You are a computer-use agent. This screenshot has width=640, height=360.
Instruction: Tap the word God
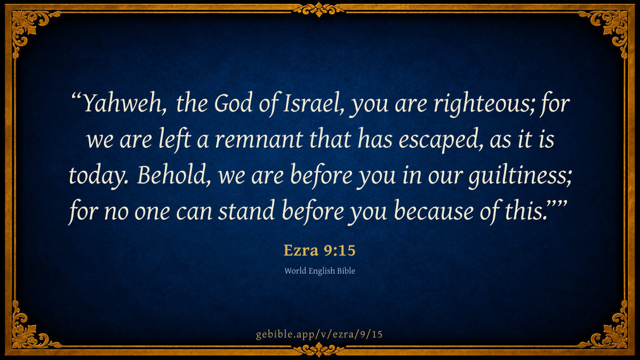233,102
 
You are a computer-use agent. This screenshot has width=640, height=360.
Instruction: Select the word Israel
314,103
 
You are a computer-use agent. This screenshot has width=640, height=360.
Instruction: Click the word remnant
259,140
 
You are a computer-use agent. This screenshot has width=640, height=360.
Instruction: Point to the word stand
246,211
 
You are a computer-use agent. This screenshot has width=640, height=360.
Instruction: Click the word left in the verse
175,139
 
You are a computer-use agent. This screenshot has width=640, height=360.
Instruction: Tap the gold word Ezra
301,251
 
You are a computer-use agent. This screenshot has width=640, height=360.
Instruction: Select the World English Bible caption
319,271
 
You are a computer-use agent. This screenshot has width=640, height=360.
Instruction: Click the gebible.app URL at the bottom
319,334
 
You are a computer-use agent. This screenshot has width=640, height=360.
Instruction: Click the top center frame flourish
319,10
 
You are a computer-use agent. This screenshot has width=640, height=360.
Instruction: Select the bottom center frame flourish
319,349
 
